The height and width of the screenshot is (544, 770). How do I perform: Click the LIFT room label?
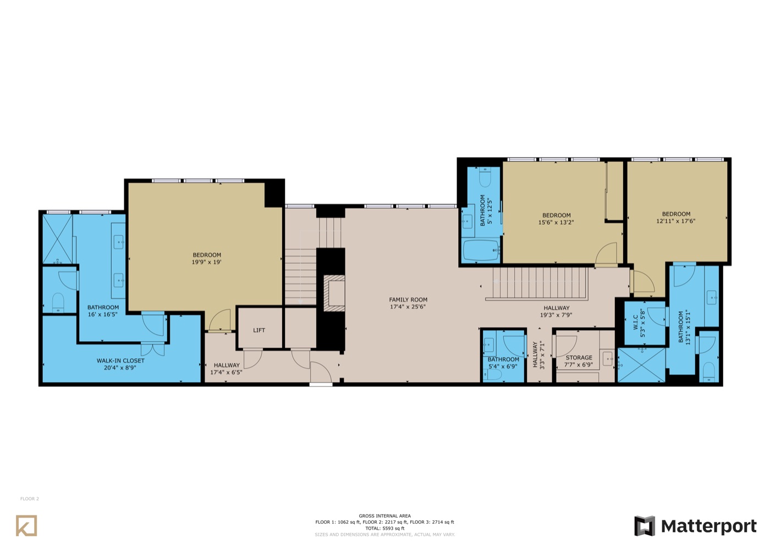(x=259, y=330)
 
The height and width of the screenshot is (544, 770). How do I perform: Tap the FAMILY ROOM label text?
(x=408, y=299)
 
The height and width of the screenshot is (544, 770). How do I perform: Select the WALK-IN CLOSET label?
(x=120, y=360)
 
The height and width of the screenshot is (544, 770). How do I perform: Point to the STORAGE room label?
(x=579, y=358)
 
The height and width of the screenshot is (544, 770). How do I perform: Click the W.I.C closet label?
(x=635, y=323)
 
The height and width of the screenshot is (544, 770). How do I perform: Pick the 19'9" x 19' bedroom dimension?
(x=206, y=262)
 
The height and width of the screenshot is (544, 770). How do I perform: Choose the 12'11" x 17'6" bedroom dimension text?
(x=676, y=221)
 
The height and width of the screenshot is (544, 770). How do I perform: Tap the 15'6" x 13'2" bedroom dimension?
(x=556, y=222)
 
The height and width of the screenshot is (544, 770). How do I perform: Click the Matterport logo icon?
(x=645, y=526)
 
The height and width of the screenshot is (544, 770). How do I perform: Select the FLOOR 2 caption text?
(x=30, y=499)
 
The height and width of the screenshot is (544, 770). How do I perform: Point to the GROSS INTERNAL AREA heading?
(x=384, y=516)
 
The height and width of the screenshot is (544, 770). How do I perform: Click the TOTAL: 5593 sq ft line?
(x=384, y=529)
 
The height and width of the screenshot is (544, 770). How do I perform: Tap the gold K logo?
(x=26, y=525)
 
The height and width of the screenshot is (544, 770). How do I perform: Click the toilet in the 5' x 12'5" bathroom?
(x=485, y=177)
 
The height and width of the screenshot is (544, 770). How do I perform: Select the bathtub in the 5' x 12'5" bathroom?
(x=481, y=251)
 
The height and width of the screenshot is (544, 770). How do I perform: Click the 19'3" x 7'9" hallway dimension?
(x=556, y=315)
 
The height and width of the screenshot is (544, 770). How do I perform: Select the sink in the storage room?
(x=608, y=358)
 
